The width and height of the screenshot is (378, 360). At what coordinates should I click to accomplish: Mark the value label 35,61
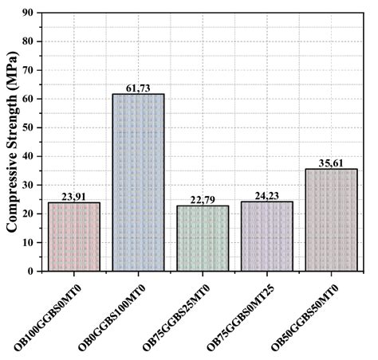(331, 162)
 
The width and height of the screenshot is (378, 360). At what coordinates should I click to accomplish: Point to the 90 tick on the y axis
(32, 13)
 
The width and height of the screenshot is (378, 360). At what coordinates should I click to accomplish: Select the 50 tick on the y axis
(32, 127)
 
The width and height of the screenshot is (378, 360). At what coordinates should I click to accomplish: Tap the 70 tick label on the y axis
(32, 70)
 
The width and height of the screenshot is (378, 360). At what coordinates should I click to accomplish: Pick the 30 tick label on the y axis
(32, 185)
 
